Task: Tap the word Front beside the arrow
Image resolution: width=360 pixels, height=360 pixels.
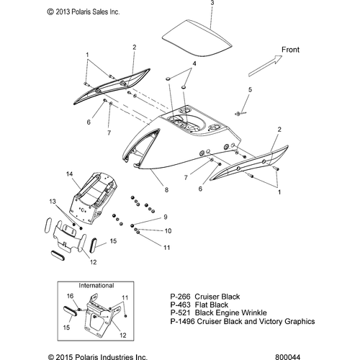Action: [x=290, y=50]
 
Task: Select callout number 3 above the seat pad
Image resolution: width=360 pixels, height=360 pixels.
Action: [x=212, y=3]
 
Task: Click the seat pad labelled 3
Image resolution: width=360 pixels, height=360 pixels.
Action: [x=197, y=38]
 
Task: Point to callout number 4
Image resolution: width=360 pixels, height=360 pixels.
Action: [x=194, y=63]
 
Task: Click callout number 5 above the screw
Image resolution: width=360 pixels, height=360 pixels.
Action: [x=250, y=90]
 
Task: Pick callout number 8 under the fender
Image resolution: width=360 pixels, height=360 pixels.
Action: [x=166, y=190]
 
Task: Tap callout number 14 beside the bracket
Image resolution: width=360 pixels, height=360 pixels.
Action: [x=70, y=174]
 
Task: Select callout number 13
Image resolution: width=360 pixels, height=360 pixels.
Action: [x=53, y=202]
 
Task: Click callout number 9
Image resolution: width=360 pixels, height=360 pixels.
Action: [x=166, y=217]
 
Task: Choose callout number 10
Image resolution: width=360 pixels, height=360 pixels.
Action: [x=168, y=231]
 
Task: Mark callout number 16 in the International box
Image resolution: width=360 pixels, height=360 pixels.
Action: [x=70, y=296]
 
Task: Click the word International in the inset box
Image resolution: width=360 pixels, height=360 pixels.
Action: [x=96, y=286]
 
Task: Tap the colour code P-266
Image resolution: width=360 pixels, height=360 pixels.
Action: [x=180, y=297]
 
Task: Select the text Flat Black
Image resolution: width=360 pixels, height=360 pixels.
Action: [x=212, y=305]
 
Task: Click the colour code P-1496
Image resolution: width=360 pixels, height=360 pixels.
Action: [x=182, y=321]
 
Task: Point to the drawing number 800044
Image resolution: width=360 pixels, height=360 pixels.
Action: [x=287, y=357]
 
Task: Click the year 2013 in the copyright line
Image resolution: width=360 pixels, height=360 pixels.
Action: [x=63, y=12]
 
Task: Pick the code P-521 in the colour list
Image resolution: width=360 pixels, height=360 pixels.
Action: [x=180, y=312]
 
